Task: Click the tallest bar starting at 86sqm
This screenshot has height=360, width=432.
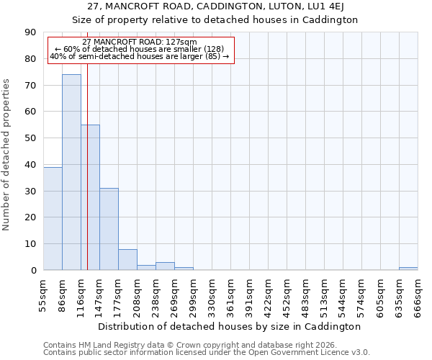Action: coord(71,172)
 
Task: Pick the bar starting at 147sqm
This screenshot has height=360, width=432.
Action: coord(109,229)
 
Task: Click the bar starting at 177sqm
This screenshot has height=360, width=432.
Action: coord(127,260)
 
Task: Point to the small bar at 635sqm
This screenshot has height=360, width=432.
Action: coord(408,269)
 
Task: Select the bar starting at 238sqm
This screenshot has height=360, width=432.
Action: coord(165,266)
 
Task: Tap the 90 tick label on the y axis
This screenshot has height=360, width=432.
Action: coord(31,32)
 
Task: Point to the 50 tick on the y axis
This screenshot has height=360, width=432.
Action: coord(31,138)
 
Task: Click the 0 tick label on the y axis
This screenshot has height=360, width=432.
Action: coord(34,271)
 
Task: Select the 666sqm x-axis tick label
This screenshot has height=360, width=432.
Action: coord(418,294)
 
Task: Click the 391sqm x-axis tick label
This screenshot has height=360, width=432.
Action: coord(250,294)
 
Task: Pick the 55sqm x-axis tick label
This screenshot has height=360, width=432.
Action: coord(44,294)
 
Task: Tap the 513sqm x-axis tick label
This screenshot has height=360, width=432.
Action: coord(325,294)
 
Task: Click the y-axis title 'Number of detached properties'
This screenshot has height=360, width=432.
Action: coord(7,155)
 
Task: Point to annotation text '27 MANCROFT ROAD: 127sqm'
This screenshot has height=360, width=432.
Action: coord(140,42)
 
